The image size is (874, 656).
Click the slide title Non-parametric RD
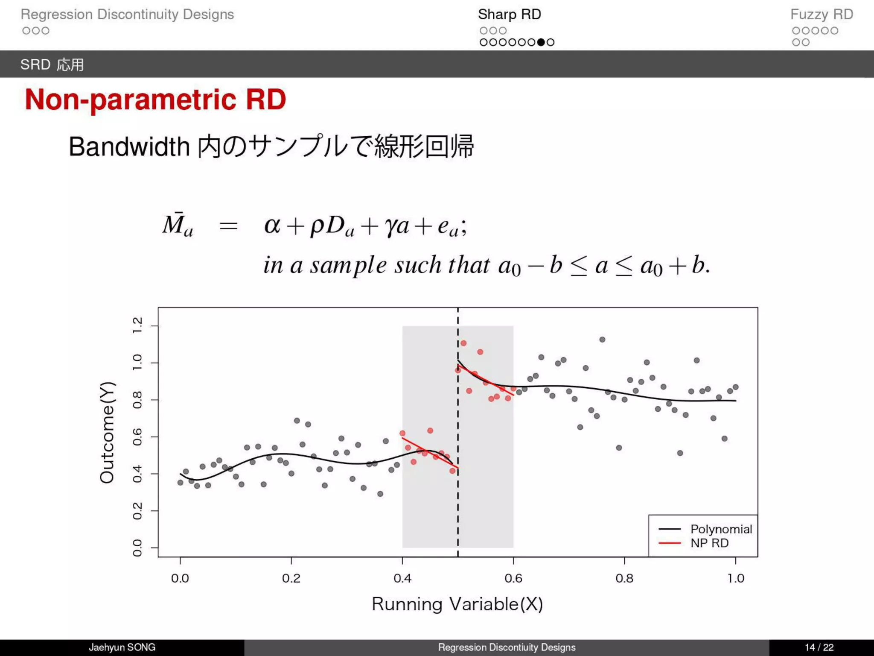pyautogui.click(x=155, y=100)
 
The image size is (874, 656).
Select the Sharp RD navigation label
pyautogui.click(x=509, y=15)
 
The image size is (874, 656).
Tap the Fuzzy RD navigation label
pyautogui.click(x=821, y=15)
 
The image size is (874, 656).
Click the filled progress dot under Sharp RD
pyautogui.click(x=541, y=42)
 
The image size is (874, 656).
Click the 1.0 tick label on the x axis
pyautogui.click(x=736, y=578)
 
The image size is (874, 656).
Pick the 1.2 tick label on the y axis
pyautogui.click(x=137, y=326)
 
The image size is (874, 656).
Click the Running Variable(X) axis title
pyautogui.click(x=457, y=604)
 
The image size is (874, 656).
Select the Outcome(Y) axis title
pyautogui.click(x=107, y=432)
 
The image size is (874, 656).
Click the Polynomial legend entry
pyautogui.click(x=721, y=529)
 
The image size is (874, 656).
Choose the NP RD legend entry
pyautogui.click(x=709, y=543)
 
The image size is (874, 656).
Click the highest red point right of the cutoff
pyautogui.click(x=463, y=343)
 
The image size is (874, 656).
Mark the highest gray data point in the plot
pyautogui.click(x=602, y=340)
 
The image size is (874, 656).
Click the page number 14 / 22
pyautogui.click(x=819, y=647)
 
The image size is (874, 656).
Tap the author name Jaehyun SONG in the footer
pyautogui.click(x=122, y=647)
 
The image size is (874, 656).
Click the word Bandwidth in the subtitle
pyautogui.click(x=129, y=147)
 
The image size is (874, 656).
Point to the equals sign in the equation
pyautogui.click(x=228, y=226)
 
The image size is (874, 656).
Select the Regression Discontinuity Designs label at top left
pyautogui.click(x=127, y=15)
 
